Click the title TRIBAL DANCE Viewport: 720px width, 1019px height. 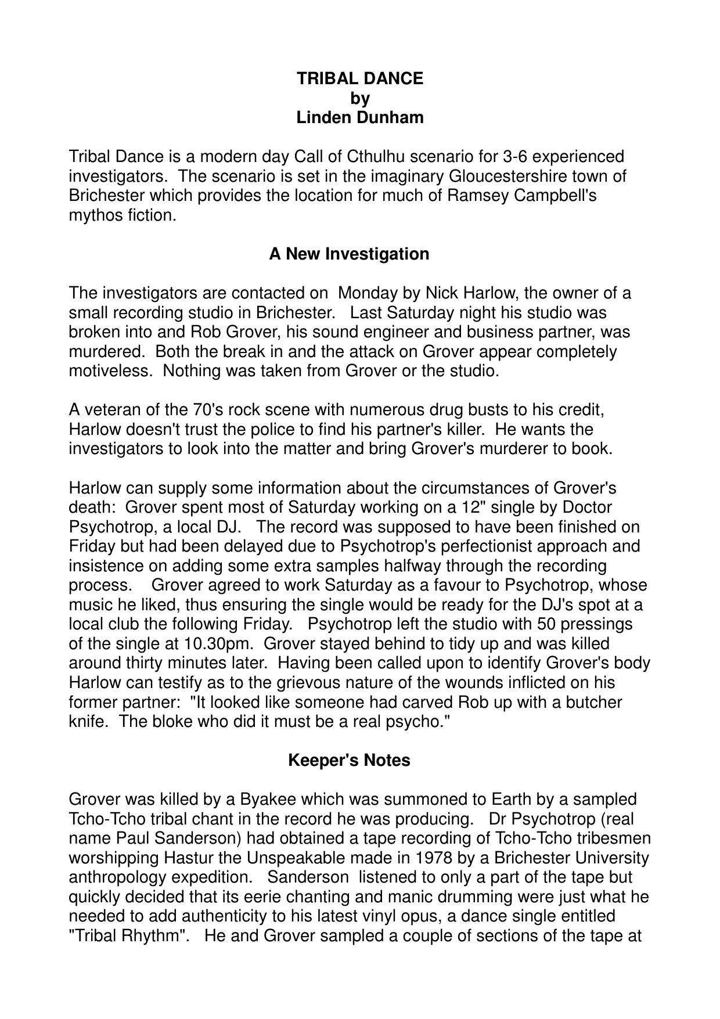coord(360,78)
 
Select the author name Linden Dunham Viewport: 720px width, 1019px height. coord(360,117)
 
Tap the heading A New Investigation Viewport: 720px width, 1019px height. coord(349,254)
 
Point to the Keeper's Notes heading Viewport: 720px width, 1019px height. coord(349,760)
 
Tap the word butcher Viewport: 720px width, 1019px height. coord(594,703)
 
